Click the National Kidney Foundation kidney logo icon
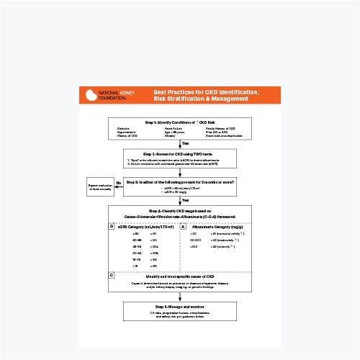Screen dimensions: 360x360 [x=90, y=94]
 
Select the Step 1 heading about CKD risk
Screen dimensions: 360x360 [x=179, y=122]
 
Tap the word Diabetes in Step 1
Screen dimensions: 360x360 [x=124, y=128]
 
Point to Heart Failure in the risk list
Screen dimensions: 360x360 [x=173, y=128]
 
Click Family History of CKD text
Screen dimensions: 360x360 [x=220, y=128]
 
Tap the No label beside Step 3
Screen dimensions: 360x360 [x=119, y=183]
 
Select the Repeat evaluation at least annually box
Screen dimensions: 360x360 [x=100, y=187]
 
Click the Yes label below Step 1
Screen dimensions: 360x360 [x=185, y=143]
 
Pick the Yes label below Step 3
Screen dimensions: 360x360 [x=185, y=199]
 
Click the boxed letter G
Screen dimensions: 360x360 [x=112, y=227]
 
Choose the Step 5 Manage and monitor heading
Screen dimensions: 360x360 [x=179, y=307]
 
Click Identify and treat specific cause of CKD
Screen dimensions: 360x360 [x=179, y=276]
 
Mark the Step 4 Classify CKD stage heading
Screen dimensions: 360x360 [x=179, y=212]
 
